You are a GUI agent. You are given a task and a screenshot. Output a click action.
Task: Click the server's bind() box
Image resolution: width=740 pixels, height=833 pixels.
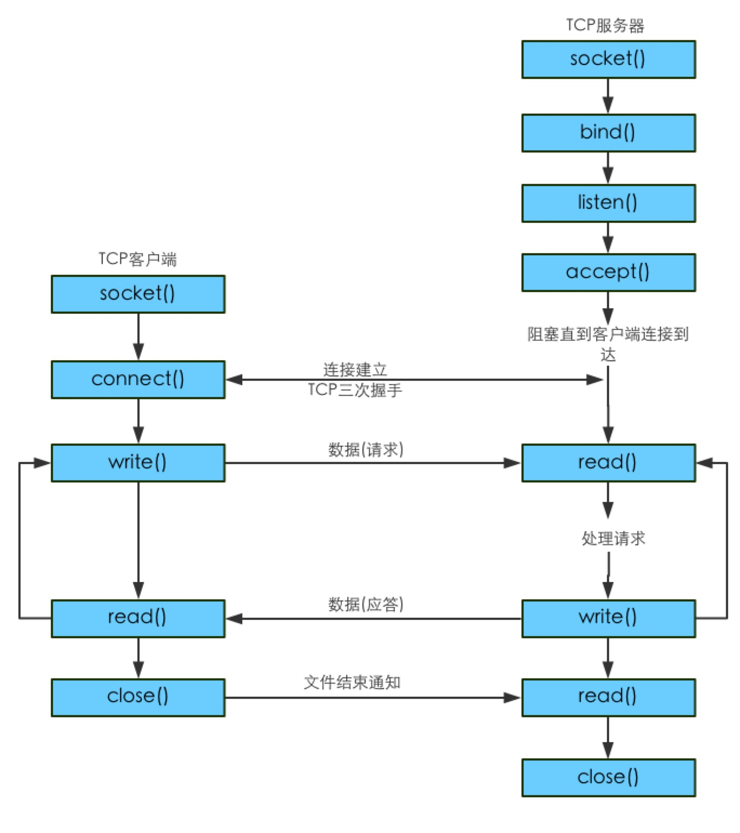coord(609,133)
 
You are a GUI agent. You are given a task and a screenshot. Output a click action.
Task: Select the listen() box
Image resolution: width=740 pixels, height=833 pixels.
coord(609,203)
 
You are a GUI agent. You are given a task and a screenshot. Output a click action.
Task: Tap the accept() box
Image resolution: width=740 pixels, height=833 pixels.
coord(609,273)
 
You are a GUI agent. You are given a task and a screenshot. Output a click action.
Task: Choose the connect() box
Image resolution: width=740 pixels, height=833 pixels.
coord(138,380)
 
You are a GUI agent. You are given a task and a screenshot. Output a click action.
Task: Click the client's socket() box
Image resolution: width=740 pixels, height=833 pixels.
coord(138,294)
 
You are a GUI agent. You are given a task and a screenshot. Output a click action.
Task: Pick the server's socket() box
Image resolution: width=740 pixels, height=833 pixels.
coord(609,59)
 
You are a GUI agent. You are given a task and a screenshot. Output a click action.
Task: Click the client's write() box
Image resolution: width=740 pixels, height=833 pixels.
coord(138,462)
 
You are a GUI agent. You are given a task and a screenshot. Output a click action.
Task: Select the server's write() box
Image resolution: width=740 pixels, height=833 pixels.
coord(609,618)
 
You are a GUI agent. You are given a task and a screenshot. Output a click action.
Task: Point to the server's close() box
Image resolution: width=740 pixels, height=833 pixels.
coord(609,777)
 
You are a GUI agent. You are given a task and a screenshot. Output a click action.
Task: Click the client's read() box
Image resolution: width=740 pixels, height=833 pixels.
coord(138,618)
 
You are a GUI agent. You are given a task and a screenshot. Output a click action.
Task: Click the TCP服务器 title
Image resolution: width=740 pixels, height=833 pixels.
coord(605,25)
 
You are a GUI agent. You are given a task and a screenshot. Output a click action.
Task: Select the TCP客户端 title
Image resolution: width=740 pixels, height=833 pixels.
coord(138,259)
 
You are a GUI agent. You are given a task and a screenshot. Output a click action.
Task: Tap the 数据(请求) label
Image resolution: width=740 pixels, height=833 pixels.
coord(366,449)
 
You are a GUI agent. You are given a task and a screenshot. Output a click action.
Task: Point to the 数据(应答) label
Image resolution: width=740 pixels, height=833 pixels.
coord(366,604)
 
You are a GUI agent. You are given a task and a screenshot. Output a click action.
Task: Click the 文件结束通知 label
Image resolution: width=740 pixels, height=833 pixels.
coord(352,682)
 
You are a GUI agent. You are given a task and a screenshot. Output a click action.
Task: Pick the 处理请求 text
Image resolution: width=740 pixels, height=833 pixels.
coord(613,538)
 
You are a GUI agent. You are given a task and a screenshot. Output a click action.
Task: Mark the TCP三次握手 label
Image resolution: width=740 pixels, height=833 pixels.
coord(355,390)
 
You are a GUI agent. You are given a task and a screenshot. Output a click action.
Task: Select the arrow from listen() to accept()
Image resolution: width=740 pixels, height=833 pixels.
coord(608,238)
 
